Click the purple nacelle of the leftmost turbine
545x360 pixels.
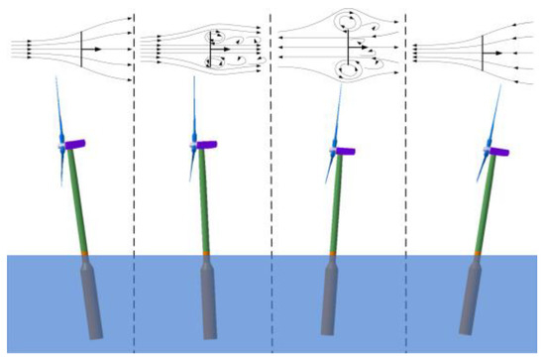coord(76,146)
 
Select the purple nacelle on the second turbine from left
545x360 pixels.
coord(208,145)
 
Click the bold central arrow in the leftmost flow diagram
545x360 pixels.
coord(90,47)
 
